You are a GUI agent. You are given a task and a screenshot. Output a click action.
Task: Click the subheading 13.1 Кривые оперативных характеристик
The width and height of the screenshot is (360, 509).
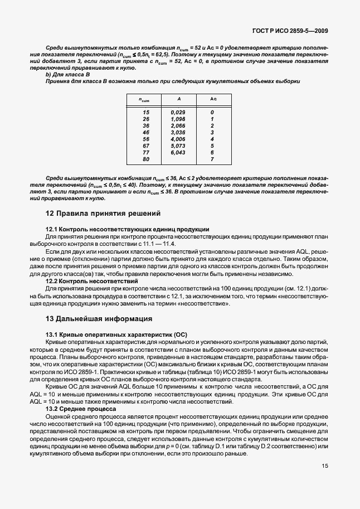pyautogui.click(x=116, y=334)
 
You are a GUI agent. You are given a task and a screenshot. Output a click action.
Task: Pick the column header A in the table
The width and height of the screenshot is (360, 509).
pyautogui.click(x=178, y=99)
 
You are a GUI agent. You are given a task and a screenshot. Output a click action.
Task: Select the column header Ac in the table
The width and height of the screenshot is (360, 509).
pyautogui.click(x=212, y=99)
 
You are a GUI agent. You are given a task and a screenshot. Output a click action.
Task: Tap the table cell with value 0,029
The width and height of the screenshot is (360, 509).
pyautogui.click(x=178, y=112)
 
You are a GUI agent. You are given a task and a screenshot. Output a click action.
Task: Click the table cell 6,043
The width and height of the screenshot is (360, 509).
pyautogui.click(x=178, y=152)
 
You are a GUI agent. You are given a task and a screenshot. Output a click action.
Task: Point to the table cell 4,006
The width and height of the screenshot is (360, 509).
pyautogui.click(x=178, y=139)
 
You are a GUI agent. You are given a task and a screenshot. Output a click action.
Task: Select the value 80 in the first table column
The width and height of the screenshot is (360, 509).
pyautogui.click(x=146, y=159)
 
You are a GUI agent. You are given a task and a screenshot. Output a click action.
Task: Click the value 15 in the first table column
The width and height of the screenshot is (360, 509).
pyautogui.click(x=146, y=112)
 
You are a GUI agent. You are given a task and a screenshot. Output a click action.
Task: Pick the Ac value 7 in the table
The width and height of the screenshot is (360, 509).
pyautogui.click(x=212, y=159)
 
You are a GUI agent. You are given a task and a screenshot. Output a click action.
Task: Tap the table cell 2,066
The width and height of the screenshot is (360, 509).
pyautogui.click(x=178, y=125)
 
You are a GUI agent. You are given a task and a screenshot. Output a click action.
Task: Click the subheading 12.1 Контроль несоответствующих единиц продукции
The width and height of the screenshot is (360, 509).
pyautogui.click(x=127, y=229)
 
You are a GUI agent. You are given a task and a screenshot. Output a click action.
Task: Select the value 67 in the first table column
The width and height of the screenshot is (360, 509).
pyautogui.click(x=146, y=146)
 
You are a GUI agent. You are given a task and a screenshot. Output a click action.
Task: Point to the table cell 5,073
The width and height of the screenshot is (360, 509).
pyautogui.click(x=178, y=146)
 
